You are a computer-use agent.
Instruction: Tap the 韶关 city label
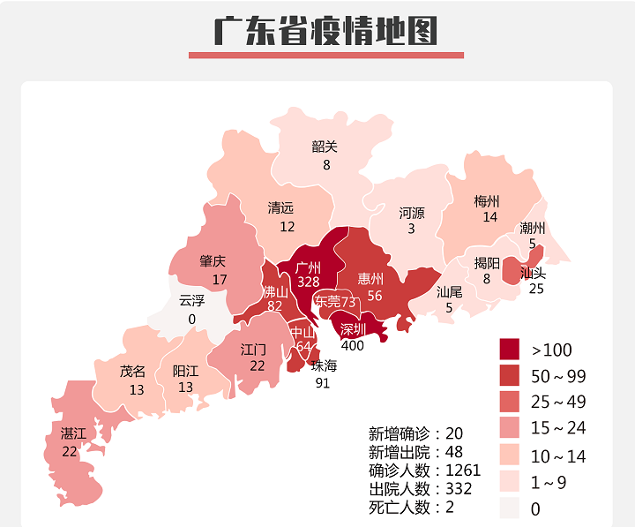tap(325, 147)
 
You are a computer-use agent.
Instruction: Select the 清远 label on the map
tap(280, 208)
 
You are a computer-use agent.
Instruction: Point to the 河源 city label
tap(411, 213)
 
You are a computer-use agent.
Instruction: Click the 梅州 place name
tap(486, 200)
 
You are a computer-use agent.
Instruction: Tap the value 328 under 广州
tap(308, 282)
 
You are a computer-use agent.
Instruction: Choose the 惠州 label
tap(370, 278)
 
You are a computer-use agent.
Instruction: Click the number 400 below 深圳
tap(352, 345)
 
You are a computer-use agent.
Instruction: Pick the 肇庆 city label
tap(213, 261)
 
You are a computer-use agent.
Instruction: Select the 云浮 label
tap(191, 300)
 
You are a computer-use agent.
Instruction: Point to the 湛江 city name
tap(73, 433)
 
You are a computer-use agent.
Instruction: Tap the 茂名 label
tap(132, 372)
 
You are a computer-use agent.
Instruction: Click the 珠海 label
tap(324, 365)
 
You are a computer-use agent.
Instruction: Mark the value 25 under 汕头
tap(536, 289)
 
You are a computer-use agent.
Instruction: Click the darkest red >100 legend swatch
tap(511, 350)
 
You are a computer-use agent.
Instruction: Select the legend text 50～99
tap(558, 377)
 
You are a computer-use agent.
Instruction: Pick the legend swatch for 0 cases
tap(511, 508)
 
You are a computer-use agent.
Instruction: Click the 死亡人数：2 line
tap(411, 507)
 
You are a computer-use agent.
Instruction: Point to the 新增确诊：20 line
tap(415, 433)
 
